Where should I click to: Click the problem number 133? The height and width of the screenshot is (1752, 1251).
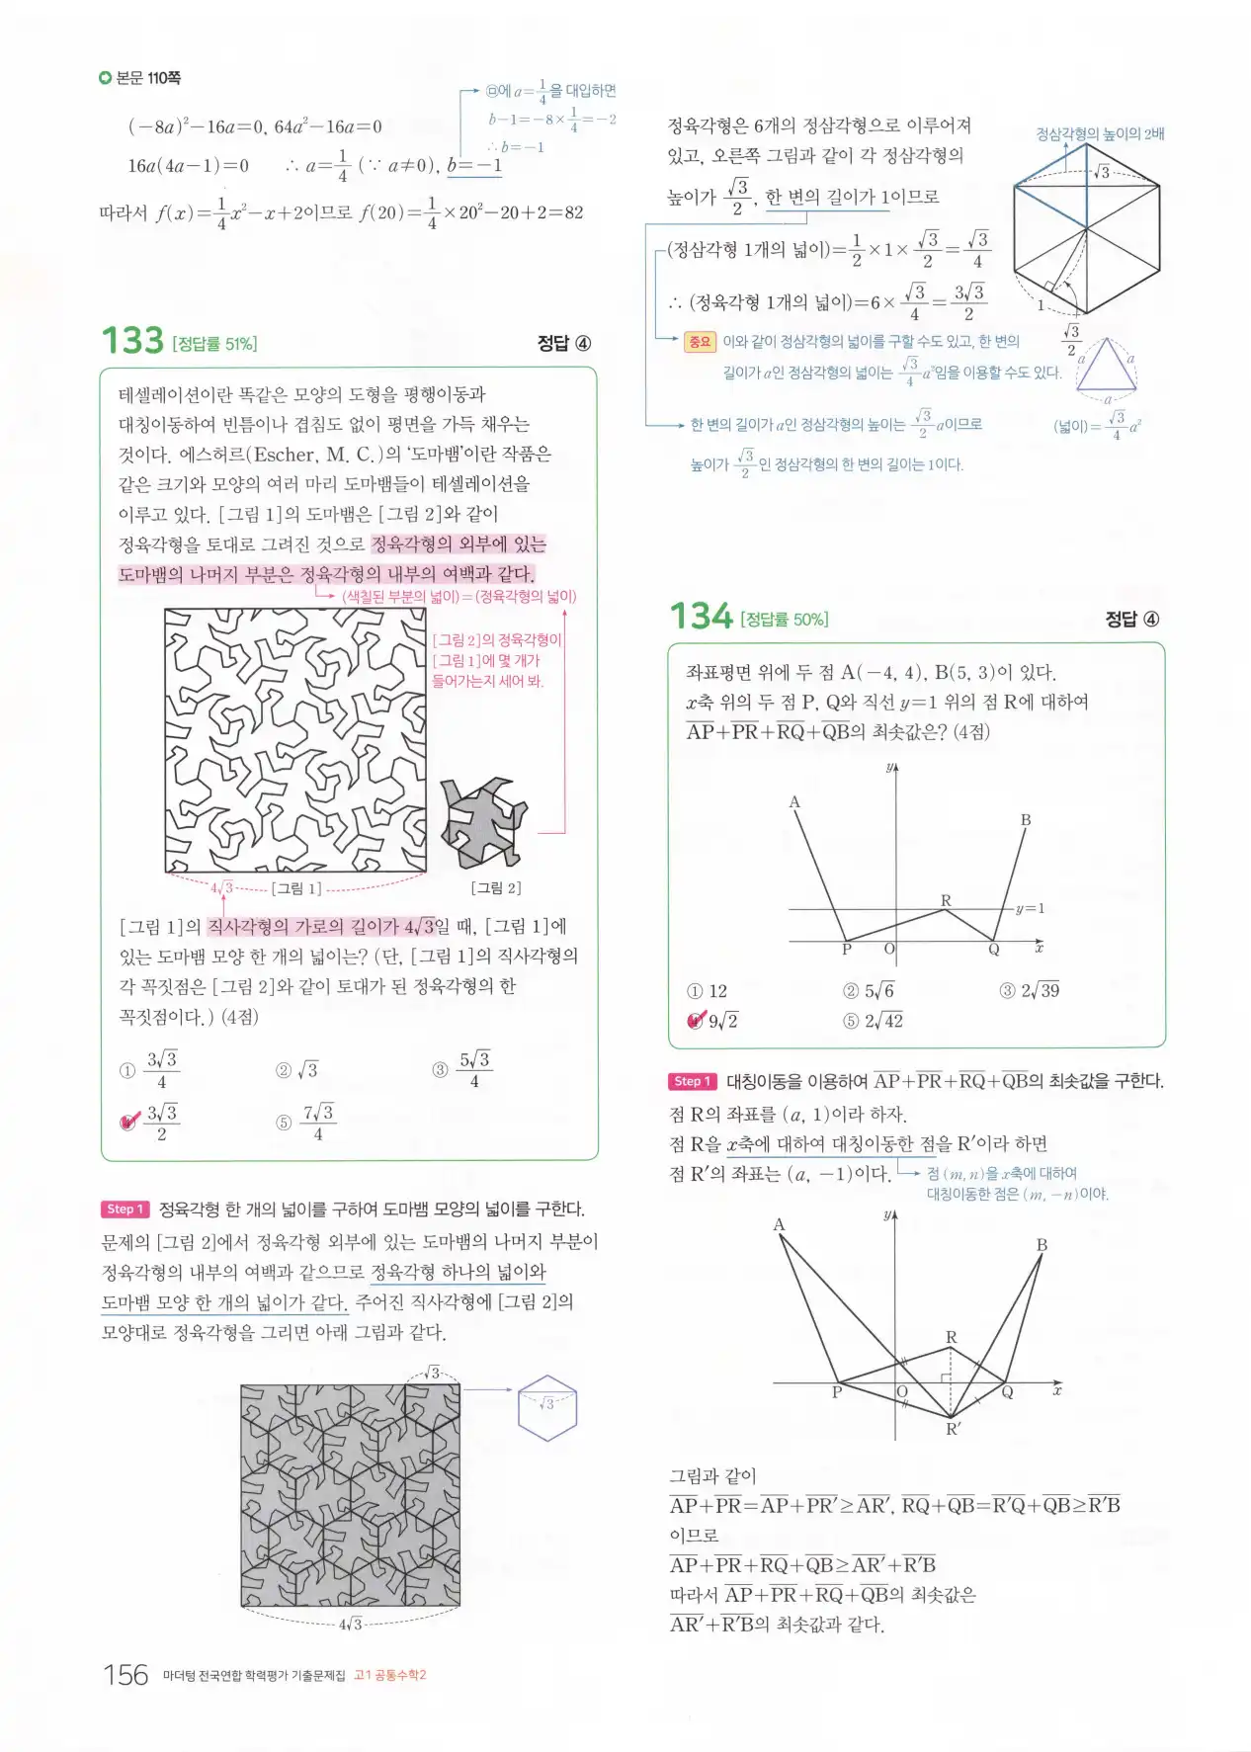[132, 341]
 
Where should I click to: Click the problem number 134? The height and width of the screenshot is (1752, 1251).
[701, 617]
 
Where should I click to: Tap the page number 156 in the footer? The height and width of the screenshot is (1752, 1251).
[125, 1675]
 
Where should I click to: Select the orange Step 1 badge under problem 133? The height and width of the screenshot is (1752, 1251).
[125, 1209]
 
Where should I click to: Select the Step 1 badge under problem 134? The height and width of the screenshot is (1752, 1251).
[692, 1081]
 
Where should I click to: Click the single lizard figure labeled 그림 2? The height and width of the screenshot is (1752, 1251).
[483, 821]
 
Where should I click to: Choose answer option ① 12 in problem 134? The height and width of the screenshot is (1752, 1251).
[708, 991]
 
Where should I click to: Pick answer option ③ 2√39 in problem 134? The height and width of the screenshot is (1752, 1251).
[1030, 991]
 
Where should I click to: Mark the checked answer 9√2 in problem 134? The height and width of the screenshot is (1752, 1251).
[712, 1021]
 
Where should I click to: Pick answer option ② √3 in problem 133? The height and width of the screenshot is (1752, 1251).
[297, 1070]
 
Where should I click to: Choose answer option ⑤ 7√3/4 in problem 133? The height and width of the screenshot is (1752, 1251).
[306, 1122]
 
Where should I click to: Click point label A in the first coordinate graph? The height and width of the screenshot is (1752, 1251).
[793, 802]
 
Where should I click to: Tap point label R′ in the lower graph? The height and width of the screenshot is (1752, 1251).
[954, 1429]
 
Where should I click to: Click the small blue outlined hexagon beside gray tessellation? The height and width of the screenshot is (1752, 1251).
[547, 1407]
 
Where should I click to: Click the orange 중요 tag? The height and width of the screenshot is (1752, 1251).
[700, 342]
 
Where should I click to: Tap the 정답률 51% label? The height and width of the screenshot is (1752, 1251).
[214, 344]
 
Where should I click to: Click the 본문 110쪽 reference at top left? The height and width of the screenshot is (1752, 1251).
[140, 78]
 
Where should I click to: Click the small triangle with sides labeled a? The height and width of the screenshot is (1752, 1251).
[1106, 367]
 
